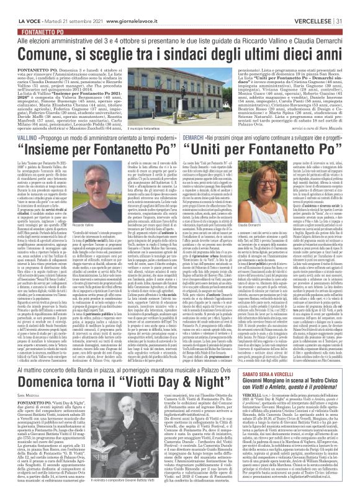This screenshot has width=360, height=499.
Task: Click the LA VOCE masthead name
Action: point(19,6)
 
